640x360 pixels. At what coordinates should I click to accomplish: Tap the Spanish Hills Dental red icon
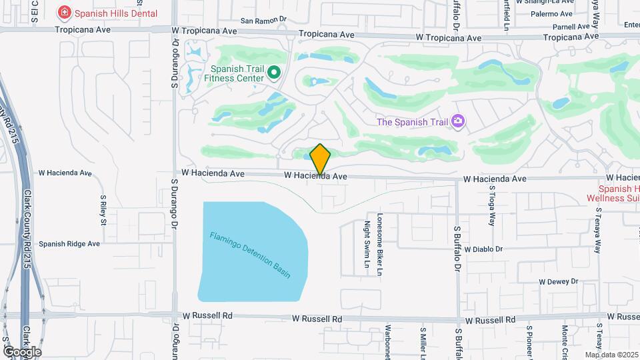point(64,13)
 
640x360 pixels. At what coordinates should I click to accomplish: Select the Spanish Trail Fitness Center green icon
point(273,72)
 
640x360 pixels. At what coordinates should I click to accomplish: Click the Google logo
point(21,351)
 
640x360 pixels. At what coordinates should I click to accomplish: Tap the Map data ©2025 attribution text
point(611,355)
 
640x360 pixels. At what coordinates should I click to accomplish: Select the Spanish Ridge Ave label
point(69,244)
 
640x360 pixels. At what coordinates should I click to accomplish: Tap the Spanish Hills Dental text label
point(116,13)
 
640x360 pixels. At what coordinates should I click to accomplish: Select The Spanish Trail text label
point(412,121)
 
